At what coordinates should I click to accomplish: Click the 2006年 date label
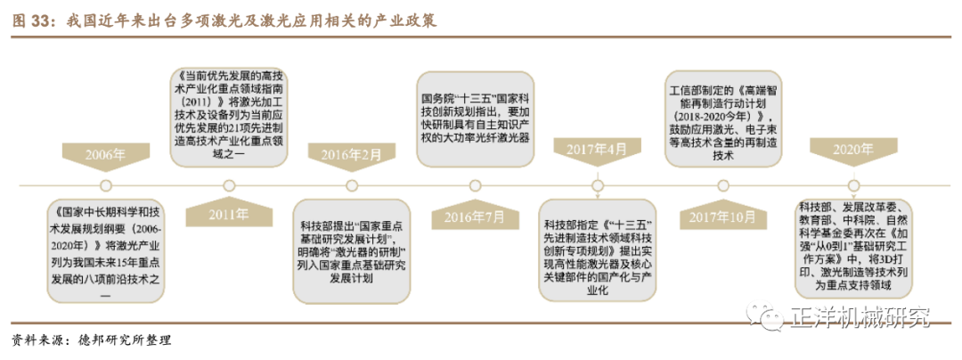106,155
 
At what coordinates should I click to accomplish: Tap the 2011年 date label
229,215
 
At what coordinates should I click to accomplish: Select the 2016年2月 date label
352,155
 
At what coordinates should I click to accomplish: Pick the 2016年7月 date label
475,216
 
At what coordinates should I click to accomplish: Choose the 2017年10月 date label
718,216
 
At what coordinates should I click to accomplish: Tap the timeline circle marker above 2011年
229,185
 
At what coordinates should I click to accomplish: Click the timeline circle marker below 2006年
105,185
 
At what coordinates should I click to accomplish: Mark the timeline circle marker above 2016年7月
475,185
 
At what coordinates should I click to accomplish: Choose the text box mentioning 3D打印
852,248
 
